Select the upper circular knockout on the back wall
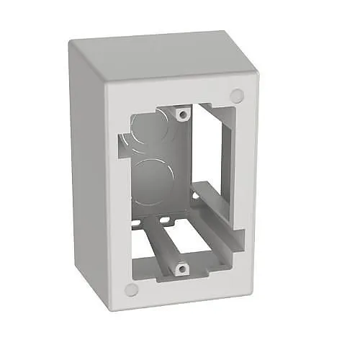tap(148, 129)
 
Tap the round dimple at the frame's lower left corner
tap(130, 289)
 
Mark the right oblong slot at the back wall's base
tap(166, 217)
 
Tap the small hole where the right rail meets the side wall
tap(195, 193)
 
